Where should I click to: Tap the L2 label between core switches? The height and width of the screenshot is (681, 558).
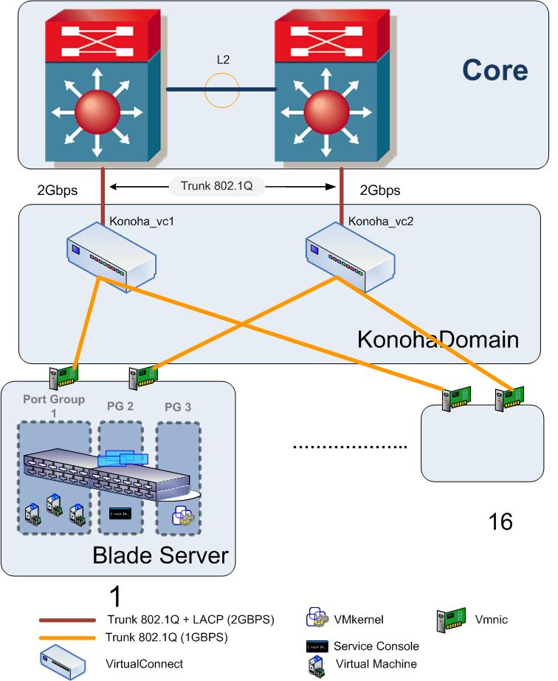pyautogui.click(x=221, y=59)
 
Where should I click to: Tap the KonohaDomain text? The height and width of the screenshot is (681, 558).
pyautogui.click(x=438, y=339)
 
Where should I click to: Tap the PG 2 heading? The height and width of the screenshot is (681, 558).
pyautogui.click(x=115, y=405)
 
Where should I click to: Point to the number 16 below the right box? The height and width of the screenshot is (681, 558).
pyautogui.click(x=500, y=521)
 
